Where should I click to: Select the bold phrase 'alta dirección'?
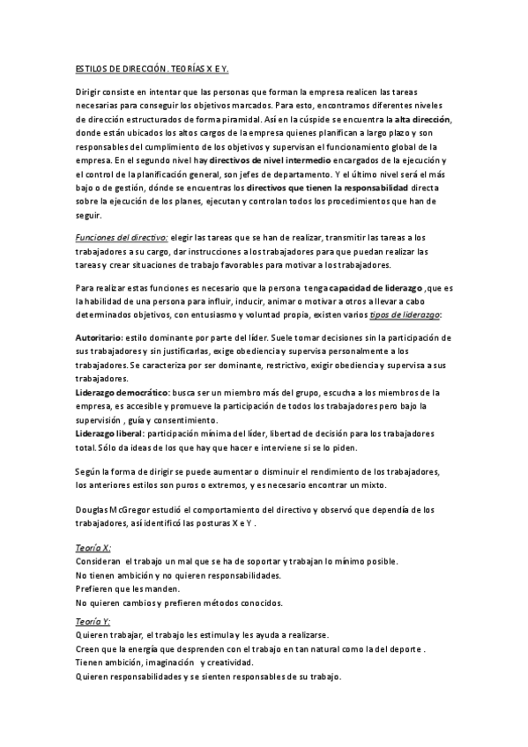click(x=422, y=118)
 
